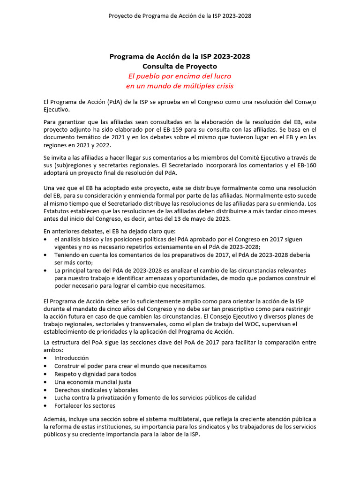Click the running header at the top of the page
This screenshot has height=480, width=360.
coord(180,15)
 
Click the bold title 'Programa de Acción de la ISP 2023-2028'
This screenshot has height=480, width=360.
coord(180,56)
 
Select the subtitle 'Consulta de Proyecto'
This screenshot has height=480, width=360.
coord(180,67)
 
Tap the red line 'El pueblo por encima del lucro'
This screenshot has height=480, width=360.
coord(180,76)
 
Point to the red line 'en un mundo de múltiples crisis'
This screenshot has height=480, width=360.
coord(180,86)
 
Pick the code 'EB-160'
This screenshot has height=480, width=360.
coord(305,165)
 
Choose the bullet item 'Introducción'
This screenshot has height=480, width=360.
coord(71,358)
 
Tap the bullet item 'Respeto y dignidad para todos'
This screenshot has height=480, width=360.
coord(95,374)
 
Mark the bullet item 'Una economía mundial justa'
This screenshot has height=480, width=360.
coord(90,382)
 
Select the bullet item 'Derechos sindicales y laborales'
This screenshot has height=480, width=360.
coord(96,390)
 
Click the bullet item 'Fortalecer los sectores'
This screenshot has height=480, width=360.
coord(84,406)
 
